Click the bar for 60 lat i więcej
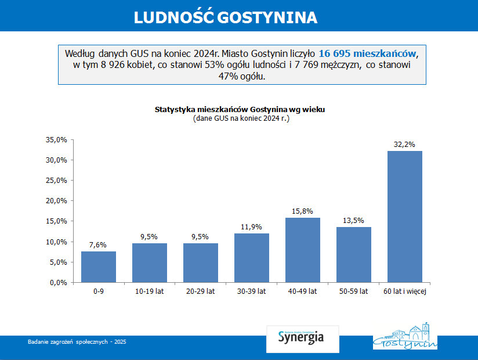coord(404,217)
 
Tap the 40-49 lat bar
coord(302,250)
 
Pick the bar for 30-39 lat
coord(251,258)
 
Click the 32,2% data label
coord(404,145)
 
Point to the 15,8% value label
coord(302,211)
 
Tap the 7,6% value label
coord(98,245)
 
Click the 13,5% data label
coord(353,221)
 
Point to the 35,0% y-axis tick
coord(56,140)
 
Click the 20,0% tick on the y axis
coord(56,201)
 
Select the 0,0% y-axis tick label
coord(58,283)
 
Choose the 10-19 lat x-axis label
coord(149,291)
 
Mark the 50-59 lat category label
coord(353,291)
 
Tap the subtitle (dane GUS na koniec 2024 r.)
coord(241,118)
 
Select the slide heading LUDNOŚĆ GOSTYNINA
coord(226,17)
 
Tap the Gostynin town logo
coord(405,337)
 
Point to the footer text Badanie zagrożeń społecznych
coord(77,342)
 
